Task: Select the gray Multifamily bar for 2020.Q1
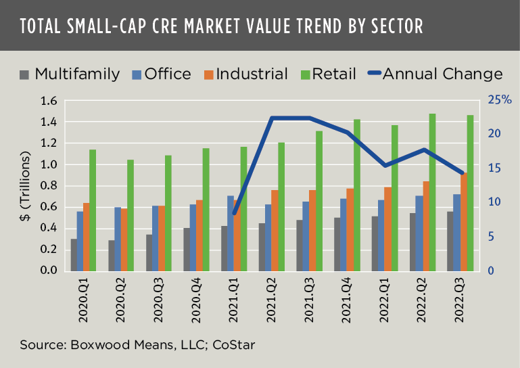pyautogui.click(x=74, y=254)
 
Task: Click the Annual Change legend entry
pyautogui.click(x=433, y=74)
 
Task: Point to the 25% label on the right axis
pyautogui.click(x=500, y=100)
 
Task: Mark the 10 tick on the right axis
pyautogui.click(x=494, y=202)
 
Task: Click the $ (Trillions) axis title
pyautogui.click(x=26, y=186)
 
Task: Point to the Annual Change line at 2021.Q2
pyautogui.click(x=272, y=118)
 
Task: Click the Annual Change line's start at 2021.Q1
pyautogui.click(x=234, y=213)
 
